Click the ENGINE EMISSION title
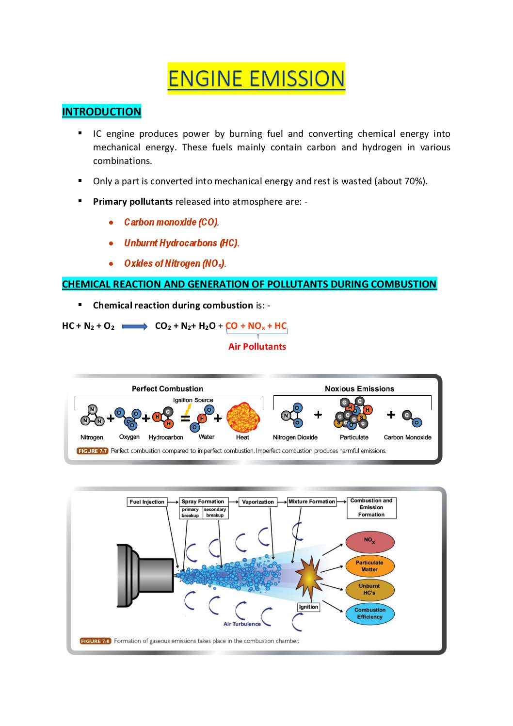(256, 79)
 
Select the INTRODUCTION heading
(101, 112)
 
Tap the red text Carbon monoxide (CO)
(171, 222)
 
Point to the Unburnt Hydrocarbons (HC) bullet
(181, 243)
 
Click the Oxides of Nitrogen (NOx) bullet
(175, 263)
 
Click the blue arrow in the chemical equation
(134, 326)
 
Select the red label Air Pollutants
(257, 346)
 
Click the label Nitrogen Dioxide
(295, 437)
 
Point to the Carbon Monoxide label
(407, 437)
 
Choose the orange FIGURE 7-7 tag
(92, 451)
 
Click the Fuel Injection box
(147, 502)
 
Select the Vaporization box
(258, 502)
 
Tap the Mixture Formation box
(311, 501)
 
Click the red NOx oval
(369, 542)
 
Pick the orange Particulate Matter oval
(369, 566)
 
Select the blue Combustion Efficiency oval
(369, 613)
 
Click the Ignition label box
(308, 607)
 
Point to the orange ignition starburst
(308, 577)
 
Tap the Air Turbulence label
(242, 624)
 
